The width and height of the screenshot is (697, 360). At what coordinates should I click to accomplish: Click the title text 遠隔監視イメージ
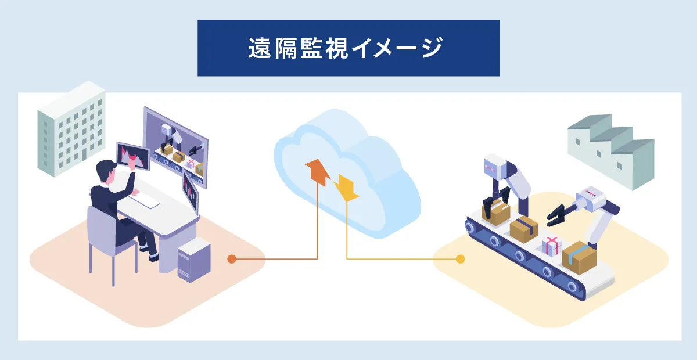[348, 48]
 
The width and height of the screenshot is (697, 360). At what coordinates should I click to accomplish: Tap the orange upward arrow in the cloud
[317, 172]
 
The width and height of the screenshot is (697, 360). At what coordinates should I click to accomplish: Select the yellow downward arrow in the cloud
[347, 188]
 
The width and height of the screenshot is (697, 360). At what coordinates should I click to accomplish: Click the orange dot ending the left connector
[232, 258]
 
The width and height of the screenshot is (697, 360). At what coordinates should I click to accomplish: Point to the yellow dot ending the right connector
[461, 258]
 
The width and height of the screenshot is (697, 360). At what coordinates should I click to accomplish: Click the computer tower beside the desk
[194, 260]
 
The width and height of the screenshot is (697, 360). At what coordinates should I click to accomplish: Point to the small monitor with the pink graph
[133, 156]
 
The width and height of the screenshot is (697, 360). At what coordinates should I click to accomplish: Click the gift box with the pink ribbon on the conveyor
[552, 246]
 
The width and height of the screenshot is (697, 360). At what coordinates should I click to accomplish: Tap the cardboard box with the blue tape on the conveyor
[580, 256]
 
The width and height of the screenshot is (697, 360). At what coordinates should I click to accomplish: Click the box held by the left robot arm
[495, 211]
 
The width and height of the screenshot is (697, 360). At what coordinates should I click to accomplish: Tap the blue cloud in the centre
[348, 174]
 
